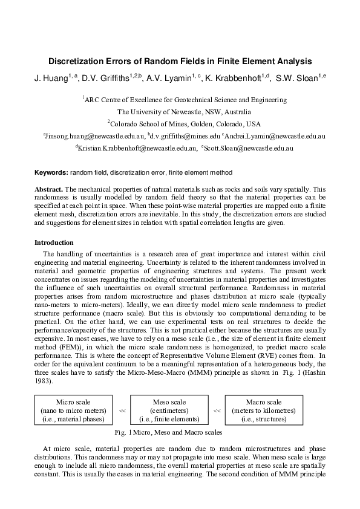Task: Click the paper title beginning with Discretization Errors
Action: pyautogui.click(x=180, y=61)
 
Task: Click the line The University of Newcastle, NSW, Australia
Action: pyautogui.click(x=180, y=112)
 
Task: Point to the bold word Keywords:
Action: pyautogui.click(x=51, y=172)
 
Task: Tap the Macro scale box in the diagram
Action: pyautogui.click(x=263, y=410)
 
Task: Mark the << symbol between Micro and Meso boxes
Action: pyautogui.click(x=122, y=410)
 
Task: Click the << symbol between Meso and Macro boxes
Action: pyautogui.click(x=216, y=410)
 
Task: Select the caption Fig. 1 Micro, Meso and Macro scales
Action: pyautogui.click(x=168, y=433)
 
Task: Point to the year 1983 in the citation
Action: pyautogui.click(x=44, y=382)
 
